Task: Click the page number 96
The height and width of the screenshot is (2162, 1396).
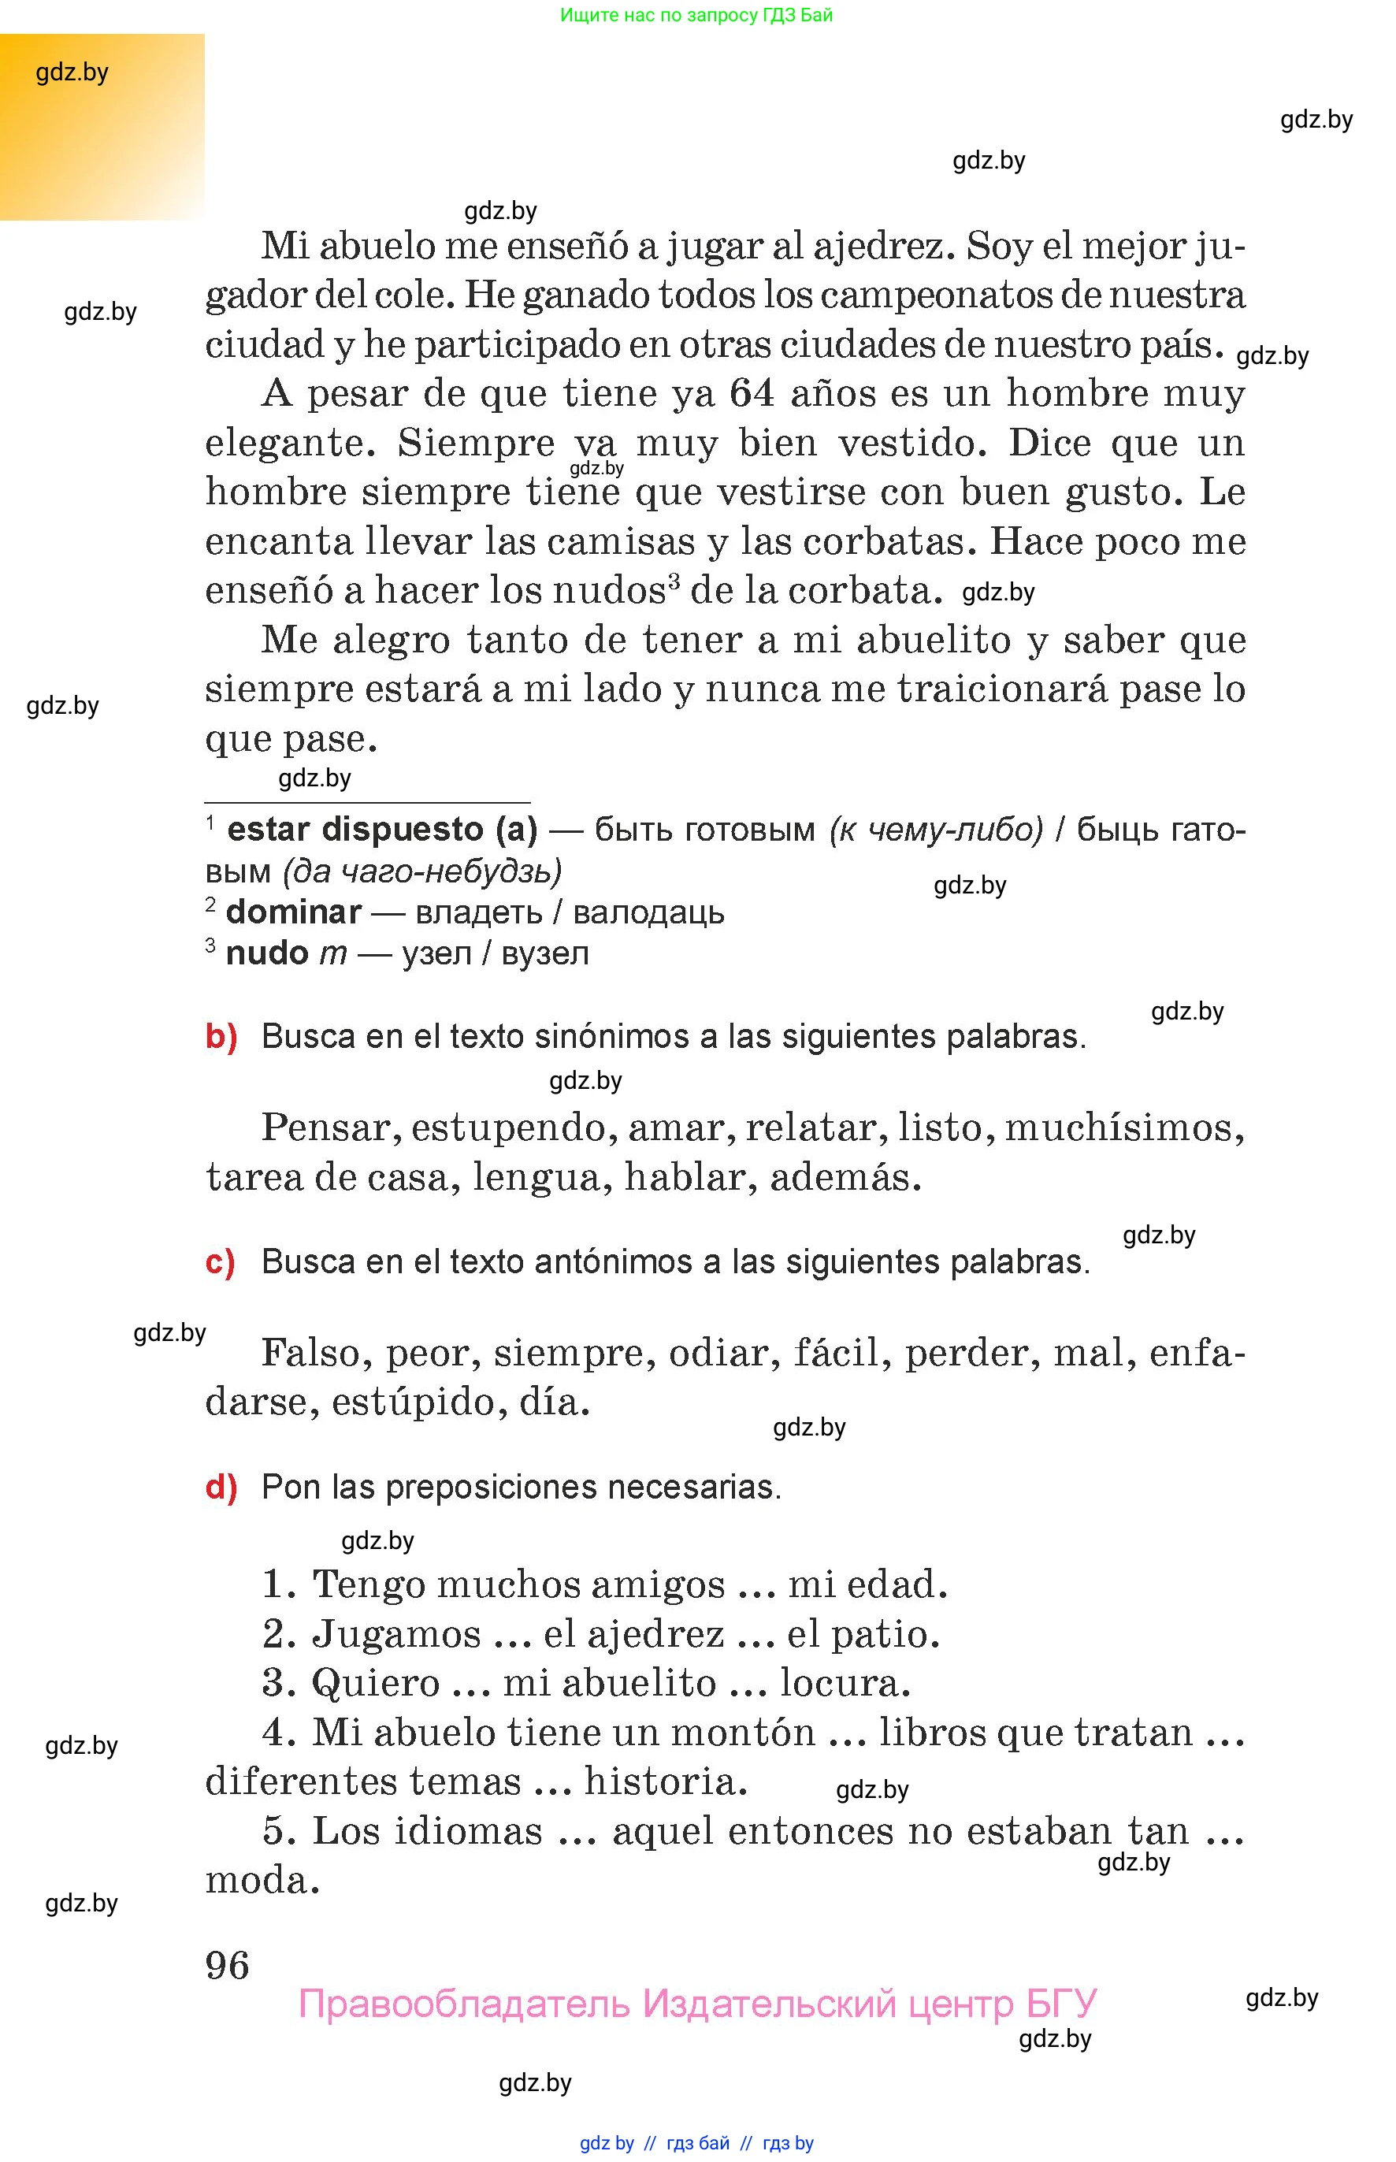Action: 228,1965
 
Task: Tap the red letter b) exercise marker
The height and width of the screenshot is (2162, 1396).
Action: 221,1036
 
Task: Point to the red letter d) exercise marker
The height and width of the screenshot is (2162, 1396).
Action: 221,1488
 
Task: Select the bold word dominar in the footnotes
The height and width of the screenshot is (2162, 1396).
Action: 294,912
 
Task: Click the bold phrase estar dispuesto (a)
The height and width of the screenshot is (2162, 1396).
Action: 381,830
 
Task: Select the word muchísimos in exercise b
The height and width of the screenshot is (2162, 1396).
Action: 1124,1128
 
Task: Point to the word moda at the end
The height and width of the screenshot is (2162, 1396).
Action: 262,1880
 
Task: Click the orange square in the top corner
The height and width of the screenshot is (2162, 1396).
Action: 102,127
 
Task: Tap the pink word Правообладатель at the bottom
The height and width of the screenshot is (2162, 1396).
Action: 463,2004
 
